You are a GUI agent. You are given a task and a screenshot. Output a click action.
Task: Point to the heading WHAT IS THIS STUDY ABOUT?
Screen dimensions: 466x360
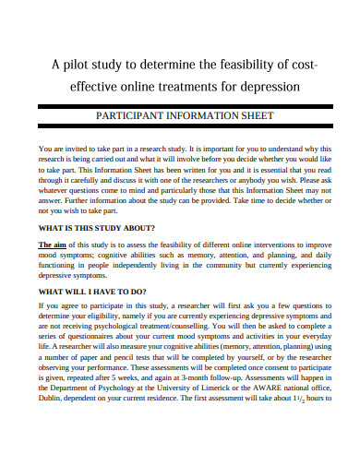[x=96, y=226]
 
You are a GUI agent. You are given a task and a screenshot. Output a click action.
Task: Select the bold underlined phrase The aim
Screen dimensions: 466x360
[x=54, y=244]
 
